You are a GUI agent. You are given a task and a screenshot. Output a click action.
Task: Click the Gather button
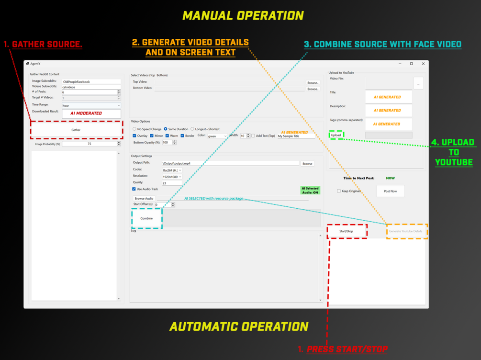(76, 130)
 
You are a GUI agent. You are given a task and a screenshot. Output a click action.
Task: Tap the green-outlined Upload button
(336, 135)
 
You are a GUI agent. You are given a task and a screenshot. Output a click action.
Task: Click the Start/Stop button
(347, 231)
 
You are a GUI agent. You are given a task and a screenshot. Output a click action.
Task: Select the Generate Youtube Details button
(406, 231)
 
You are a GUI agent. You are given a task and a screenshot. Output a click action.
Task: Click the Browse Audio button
(144, 198)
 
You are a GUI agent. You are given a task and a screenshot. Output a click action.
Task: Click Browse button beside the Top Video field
(313, 83)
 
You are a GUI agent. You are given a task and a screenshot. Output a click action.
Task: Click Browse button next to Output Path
(307, 164)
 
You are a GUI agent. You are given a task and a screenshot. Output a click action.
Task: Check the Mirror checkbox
(152, 136)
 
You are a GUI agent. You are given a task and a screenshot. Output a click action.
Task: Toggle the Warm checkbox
(167, 136)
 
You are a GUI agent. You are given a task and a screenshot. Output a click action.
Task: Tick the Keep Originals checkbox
(339, 191)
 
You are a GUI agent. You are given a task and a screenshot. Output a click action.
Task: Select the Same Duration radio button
(166, 129)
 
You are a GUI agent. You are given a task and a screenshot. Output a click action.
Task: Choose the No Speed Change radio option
(134, 129)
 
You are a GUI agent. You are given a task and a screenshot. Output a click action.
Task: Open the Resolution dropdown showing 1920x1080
(172, 177)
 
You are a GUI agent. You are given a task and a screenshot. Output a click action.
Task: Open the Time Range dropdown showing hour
(91, 105)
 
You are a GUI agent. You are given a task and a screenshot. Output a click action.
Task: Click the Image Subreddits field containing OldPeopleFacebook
(91, 82)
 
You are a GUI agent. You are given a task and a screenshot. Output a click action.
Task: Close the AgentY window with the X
(423, 64)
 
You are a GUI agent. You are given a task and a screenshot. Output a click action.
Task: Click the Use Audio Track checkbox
(134, 189)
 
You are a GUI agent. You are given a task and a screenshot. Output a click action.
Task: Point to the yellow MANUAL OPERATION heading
(243, 16)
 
